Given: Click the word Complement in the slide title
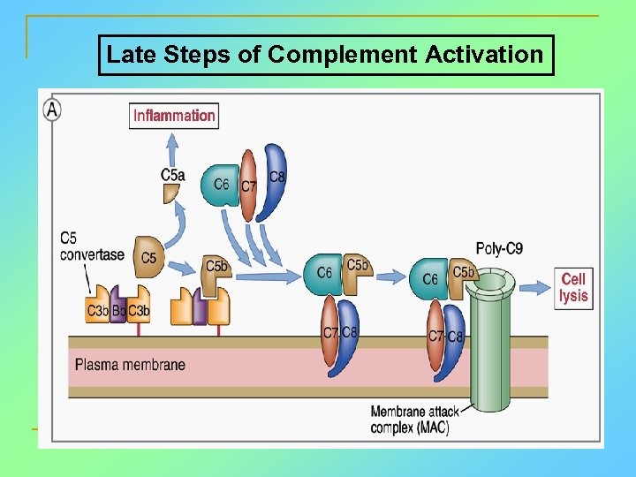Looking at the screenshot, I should coord(343,55).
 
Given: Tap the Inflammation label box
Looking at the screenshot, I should coord(174,115).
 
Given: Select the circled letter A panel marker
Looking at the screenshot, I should coord(53,110).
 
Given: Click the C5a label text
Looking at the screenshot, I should coord(173,175).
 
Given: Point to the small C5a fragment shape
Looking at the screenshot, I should coord(171,193).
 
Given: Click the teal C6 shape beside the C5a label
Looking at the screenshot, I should coord(220,184).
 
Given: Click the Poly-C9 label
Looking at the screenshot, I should coord(499,248).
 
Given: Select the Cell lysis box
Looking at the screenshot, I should coord(572,287).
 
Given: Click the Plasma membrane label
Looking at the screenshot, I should coord(130,364).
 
